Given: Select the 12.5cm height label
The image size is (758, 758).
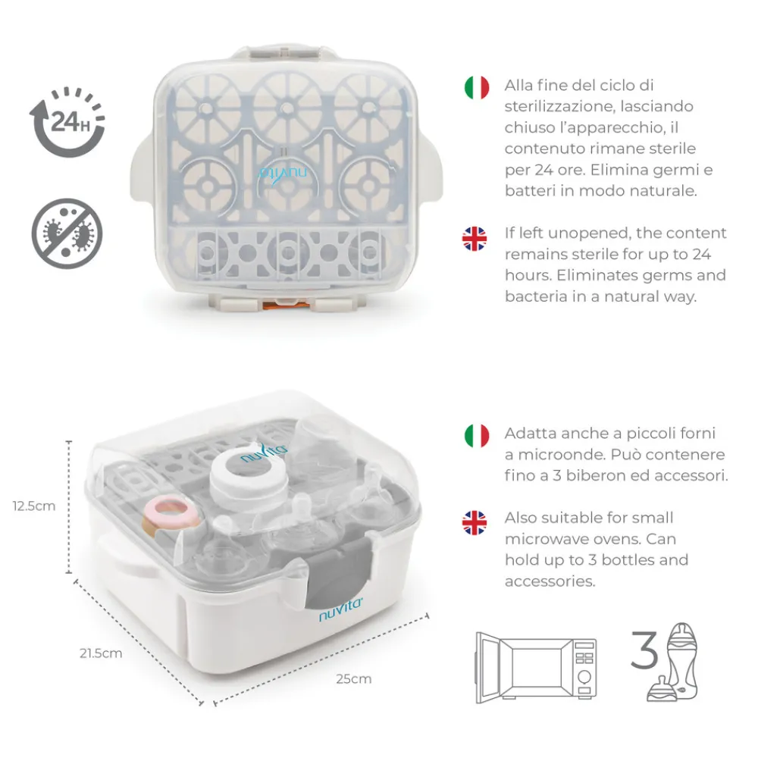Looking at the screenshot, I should (35, 506).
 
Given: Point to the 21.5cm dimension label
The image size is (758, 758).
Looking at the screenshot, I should (101, 653).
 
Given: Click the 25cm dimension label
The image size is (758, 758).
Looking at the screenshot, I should (354, 678).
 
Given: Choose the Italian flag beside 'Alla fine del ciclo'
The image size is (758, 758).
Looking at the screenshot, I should (476, 86).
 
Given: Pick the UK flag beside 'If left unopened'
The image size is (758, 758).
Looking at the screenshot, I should (476, 238).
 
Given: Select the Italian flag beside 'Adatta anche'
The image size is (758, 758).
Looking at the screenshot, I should (476, 435).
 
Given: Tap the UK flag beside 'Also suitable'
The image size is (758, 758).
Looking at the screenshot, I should (476, 522).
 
